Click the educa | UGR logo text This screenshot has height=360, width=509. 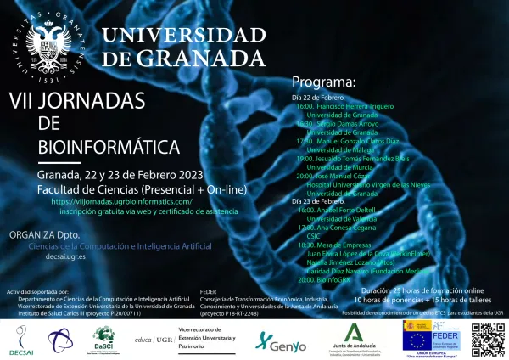(x=154, y=339)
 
